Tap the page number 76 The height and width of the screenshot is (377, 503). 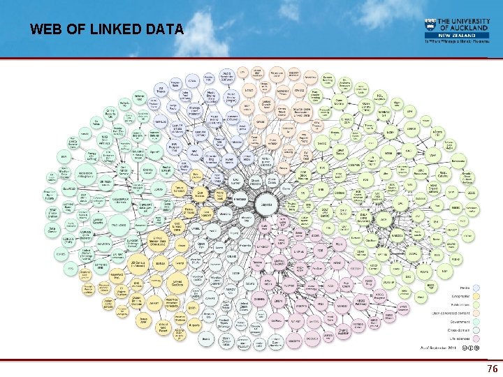(x=493, y=369)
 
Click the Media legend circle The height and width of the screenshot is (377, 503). (x=476, y=287)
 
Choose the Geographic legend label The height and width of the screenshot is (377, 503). (x=458, y=296)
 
